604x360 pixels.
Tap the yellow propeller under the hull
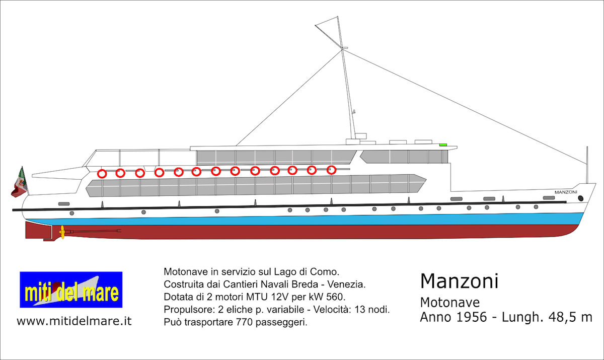[62, 232]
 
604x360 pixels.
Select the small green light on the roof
[443, 145]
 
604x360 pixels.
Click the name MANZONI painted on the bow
[566, 192]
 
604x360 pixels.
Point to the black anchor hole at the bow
[581, 198]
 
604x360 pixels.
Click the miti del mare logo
[71, 290]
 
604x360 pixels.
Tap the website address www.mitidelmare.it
[74, 321]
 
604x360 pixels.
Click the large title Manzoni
[459, 281]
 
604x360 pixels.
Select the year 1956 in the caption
[471, 317]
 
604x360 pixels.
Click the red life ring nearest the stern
[102, 174]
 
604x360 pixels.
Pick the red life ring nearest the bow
[331, 170]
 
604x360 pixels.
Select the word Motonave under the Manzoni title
[450, 303]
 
